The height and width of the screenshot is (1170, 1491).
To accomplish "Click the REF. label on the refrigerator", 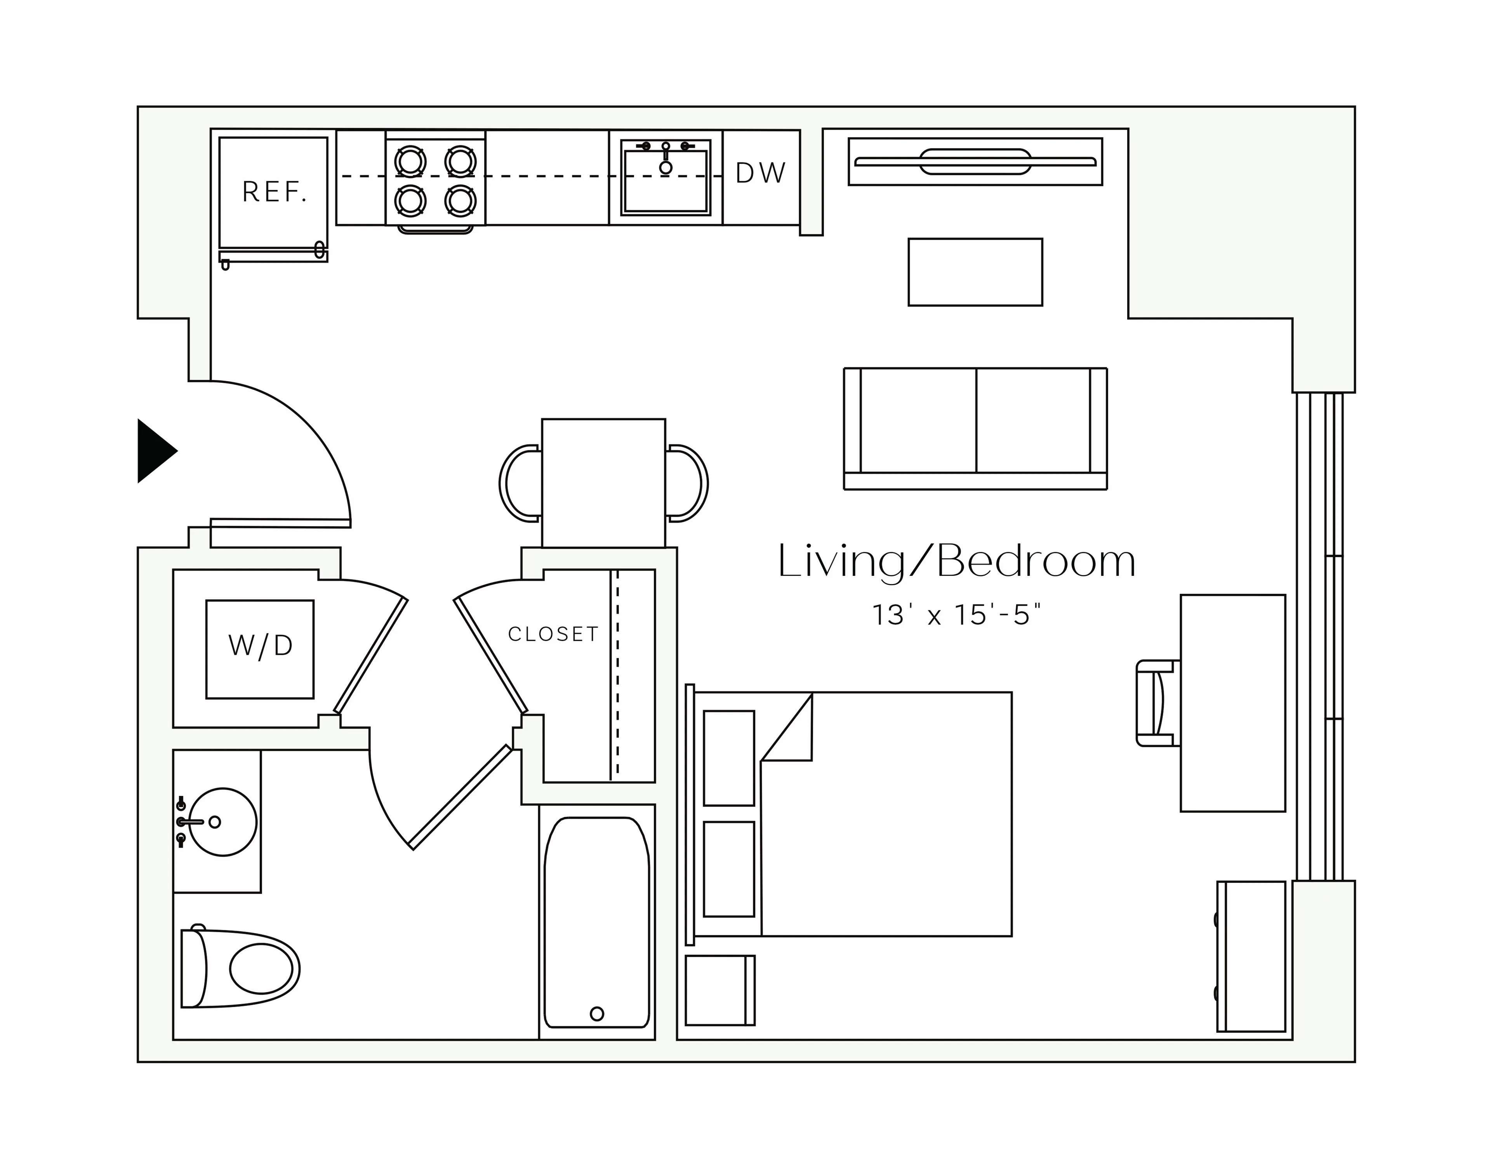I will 274,192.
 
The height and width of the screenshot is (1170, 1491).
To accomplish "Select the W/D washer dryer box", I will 260,649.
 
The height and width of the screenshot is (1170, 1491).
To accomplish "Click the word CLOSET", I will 553,634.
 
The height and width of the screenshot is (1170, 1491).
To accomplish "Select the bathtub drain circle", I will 596,1013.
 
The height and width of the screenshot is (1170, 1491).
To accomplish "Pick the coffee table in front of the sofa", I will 975,272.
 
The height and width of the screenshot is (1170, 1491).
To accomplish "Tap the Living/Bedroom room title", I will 956,562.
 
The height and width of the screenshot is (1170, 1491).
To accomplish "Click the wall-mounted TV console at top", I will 975,162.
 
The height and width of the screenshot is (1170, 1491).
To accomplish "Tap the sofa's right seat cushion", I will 1032,420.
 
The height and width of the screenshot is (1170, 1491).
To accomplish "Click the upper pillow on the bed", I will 728,758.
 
